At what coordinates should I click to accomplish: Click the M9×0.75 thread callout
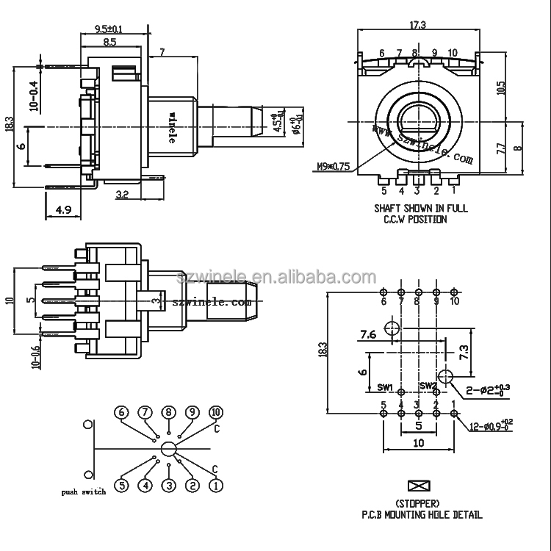[x=333, y=165]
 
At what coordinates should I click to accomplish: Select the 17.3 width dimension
[x=417, y=26]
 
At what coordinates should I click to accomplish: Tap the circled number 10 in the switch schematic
[x=216, y=412]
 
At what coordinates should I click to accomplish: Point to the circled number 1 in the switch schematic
[x=216, y=485]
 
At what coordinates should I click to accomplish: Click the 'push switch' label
[x=84, y=491]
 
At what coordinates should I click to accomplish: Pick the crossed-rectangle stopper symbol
[x=417, y=486]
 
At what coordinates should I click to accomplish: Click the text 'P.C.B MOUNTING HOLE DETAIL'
[x=417, y=515]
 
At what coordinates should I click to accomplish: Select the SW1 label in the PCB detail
[x=386, y=387]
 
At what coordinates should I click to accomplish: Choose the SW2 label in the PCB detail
[x=428, y=386]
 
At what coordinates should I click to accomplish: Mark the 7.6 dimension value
[x=368, y=335]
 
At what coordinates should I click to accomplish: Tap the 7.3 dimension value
[x=464, y=351]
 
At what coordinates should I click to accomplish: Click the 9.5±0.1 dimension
[x=109, y=29]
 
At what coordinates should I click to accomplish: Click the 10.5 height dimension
[x=501, y=88]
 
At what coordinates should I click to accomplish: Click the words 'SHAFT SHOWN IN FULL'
[x=420, y=209]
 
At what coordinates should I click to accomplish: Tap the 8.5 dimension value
[x=109, y=43]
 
